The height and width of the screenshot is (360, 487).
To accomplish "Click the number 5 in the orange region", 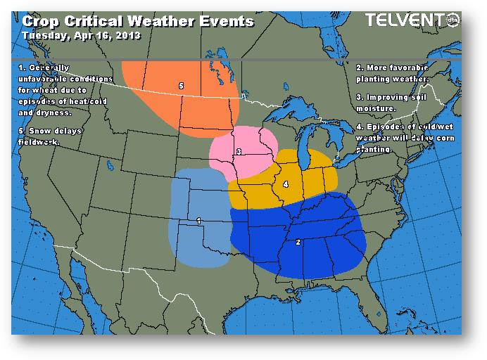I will [x=181, y=86].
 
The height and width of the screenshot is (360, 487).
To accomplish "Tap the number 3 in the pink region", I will [x=239, y=151].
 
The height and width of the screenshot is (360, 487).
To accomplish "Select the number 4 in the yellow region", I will [x=285, y=184].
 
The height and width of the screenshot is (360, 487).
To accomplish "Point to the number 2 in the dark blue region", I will [x=298, y=242].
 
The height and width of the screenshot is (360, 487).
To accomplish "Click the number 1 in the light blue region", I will [x=199, y=221].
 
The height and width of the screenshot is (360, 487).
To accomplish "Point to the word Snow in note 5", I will [x=42, y=132].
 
